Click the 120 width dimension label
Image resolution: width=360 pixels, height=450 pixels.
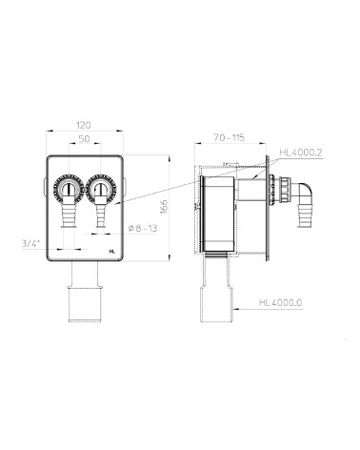[x=84, y=125]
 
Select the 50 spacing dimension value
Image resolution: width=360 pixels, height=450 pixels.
[x=84, y=139]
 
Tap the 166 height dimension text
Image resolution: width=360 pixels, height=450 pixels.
[x=163, y=207]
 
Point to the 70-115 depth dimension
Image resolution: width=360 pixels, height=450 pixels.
[x=230, y=138]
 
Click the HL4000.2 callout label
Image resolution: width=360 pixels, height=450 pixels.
[x=301, y=153]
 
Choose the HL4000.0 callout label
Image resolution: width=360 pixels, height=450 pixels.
[x=281, y=302]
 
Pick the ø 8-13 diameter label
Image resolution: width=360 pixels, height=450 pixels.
[x=143, y=228]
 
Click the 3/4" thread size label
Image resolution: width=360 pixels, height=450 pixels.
[x=30, y=244]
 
